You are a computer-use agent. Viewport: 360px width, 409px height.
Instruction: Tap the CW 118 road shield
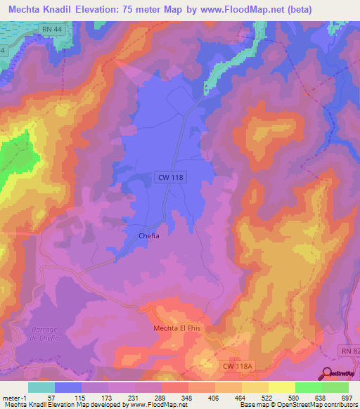pyautogui.click(x=169, y=178)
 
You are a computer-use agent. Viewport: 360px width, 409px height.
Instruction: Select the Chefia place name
pyautogui.click(x=148, y=236)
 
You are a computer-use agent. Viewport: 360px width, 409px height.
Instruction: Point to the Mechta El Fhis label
pyautogui.click(x=177, y=328)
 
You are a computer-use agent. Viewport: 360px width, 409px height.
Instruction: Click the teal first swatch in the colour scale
pyautogui.click(x=41, y=387)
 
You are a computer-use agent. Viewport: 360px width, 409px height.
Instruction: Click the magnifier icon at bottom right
pyautogui.click(x=327, y=373)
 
